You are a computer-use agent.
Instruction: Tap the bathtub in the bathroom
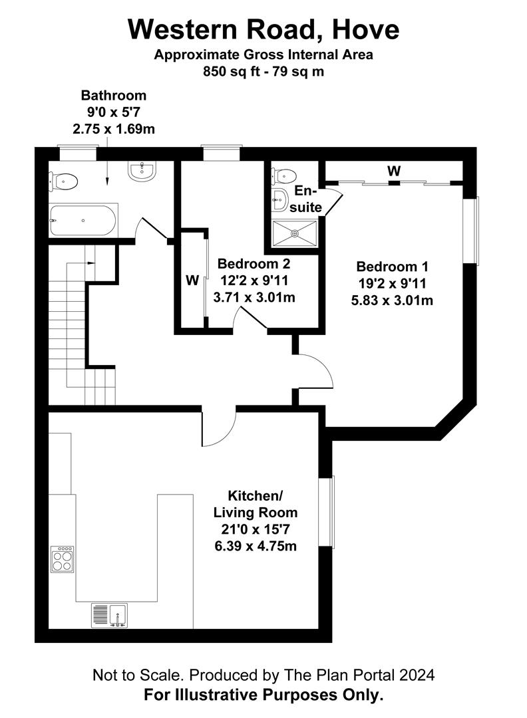83,219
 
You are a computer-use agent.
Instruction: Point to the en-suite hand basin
280,197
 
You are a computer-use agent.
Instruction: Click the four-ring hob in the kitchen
63,558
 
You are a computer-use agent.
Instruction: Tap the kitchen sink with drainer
109,616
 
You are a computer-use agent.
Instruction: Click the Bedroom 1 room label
392,267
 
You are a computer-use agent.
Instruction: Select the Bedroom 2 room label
254,263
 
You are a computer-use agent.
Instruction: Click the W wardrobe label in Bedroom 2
192,281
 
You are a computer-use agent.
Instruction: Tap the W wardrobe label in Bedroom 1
394,171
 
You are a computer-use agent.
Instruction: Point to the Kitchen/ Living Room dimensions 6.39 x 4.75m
256,546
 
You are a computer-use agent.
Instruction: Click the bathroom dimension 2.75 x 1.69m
114,128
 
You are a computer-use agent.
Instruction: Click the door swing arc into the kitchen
220,429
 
